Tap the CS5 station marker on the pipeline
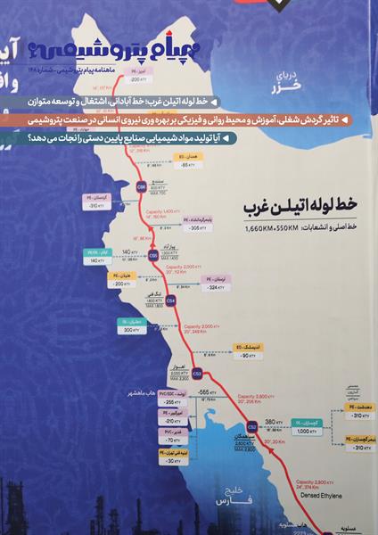[152, 255]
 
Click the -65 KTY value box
[188, 165]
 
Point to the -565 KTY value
[208, 392]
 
